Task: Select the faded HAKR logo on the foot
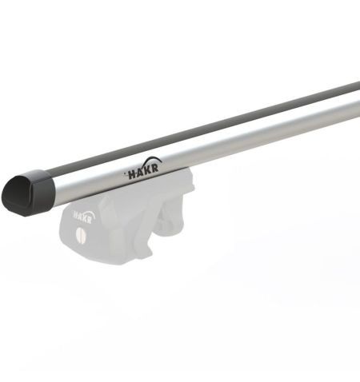coord(86,214)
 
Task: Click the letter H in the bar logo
coord(130,173)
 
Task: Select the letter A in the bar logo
coord(138,171)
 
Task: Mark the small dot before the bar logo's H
coord(124,171)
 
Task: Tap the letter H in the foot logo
coord(77,216)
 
